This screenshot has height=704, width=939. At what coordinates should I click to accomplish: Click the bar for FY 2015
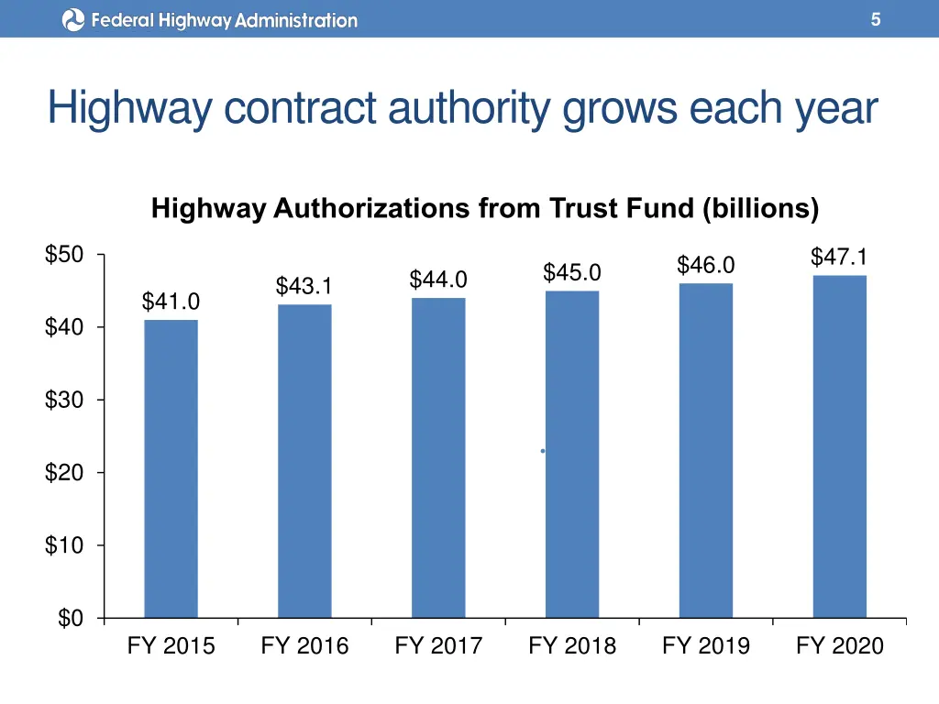(171, 468)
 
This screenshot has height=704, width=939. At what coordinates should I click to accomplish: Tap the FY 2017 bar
(438, 457)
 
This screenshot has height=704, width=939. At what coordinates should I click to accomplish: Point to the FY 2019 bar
(706, 450)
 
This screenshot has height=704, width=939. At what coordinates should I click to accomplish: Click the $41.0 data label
(171, 302)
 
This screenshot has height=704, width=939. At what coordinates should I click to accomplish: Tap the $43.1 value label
(304, 287)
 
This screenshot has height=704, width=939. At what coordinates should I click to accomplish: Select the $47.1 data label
(839, 257)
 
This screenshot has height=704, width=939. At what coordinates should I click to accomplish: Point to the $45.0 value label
(572, 272)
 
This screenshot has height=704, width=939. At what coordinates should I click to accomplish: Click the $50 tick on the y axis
(65, 255)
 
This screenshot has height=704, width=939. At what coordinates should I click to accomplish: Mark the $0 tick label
(71, 620)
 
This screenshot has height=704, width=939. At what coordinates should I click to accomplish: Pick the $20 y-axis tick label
(65, 473)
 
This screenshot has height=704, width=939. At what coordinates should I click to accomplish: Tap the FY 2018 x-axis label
(572, 646)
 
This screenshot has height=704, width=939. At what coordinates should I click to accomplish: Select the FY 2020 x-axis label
(840, 646)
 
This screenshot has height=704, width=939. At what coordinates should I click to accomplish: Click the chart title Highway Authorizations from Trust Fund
(485, 209)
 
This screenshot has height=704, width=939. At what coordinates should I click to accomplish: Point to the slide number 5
(876, 19)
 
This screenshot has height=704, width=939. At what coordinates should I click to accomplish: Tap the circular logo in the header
(73, 19)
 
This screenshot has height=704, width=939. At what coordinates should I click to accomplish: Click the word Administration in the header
(296, 19)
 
